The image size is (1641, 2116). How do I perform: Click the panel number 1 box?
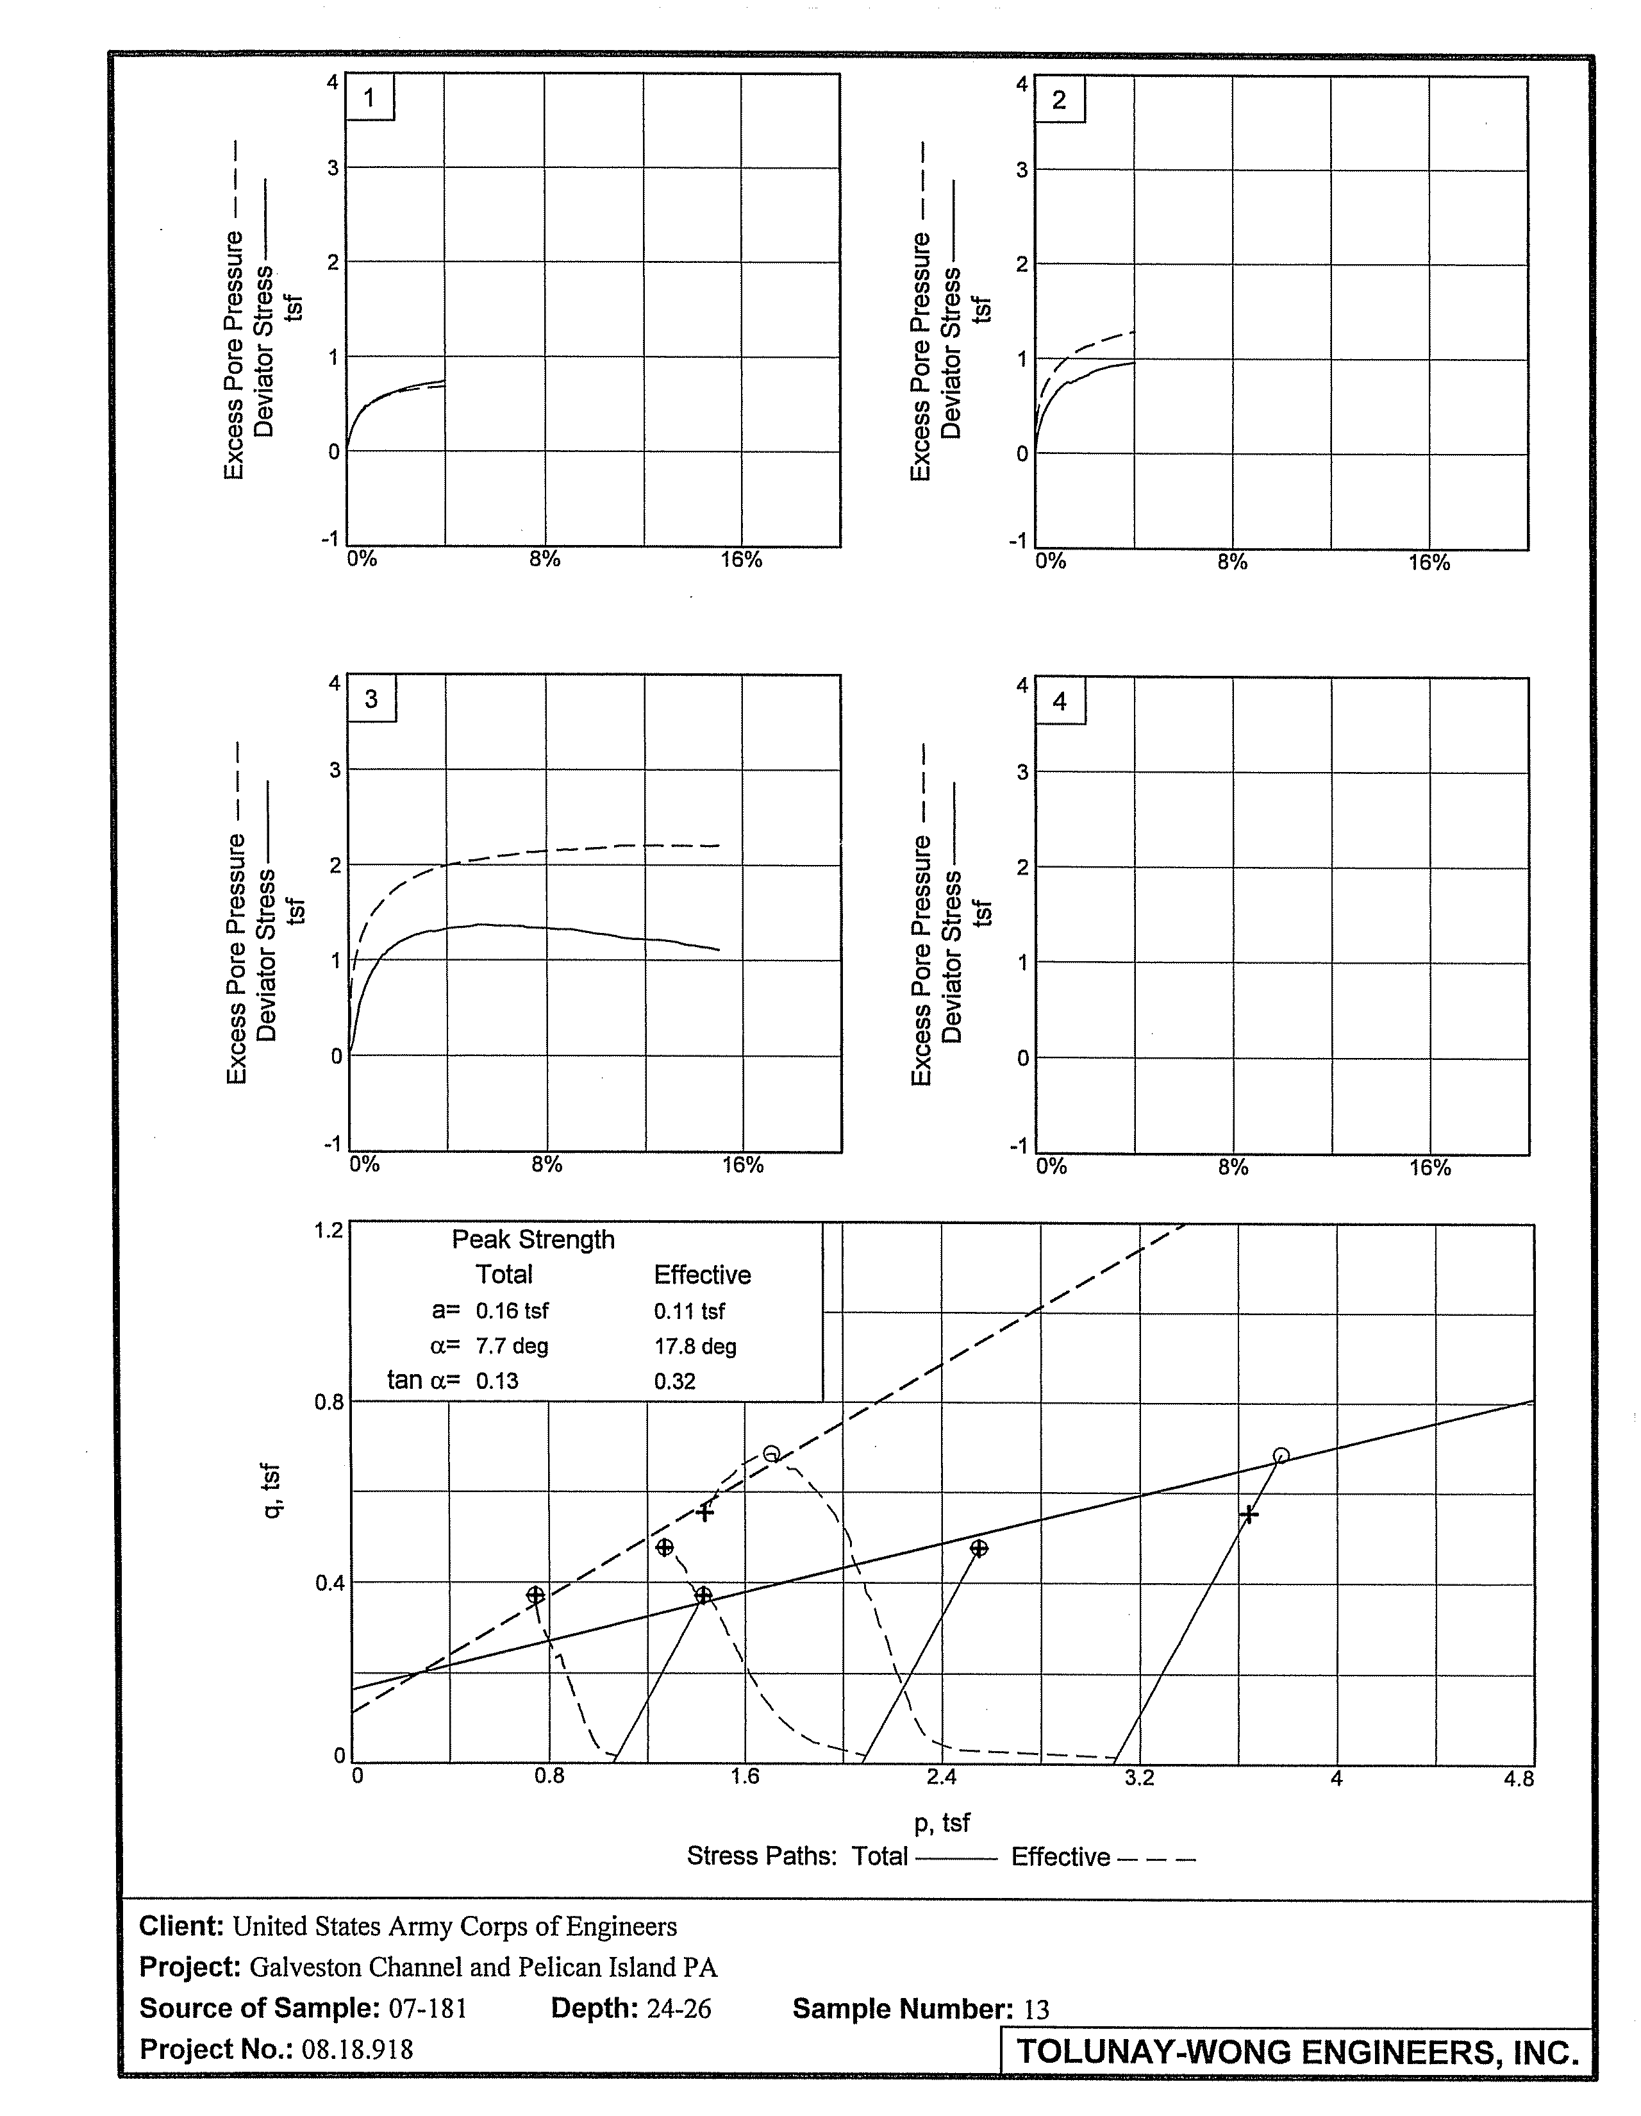click(369, 98)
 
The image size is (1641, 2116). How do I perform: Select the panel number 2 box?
click(1059, 100)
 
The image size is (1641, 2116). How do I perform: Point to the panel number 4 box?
click(1060, 701)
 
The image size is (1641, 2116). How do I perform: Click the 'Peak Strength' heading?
click(533, 1239)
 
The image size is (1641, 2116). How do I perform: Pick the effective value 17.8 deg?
click(695, 1346)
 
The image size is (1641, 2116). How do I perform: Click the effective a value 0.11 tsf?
click(688, 1311)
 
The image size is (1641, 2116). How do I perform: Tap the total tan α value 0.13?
click(497, 1381)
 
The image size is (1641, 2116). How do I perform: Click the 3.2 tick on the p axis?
click(1140, 1778)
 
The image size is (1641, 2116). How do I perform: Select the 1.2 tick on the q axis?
click(329, 1230)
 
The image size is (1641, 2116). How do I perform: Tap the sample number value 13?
click(1037, 2010)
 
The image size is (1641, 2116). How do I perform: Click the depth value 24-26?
click(678, 2008)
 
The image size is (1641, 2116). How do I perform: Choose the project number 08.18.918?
click(356, 2049)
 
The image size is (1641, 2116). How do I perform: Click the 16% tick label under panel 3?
click(743, 1164)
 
